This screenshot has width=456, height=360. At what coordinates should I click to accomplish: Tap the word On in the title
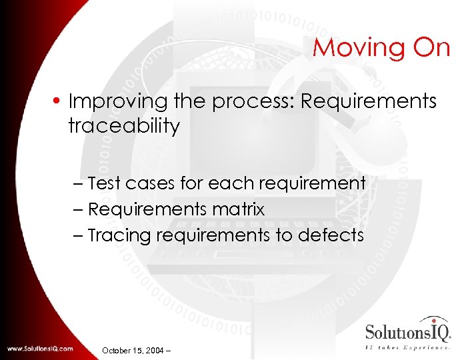pos(430,48)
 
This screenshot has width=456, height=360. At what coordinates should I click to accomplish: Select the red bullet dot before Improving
pos(60,102)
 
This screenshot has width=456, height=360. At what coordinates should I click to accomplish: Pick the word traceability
pos(124,126)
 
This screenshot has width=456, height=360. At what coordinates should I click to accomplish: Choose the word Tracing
pos(119,235)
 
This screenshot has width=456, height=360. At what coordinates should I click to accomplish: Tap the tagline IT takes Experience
pos(407,347)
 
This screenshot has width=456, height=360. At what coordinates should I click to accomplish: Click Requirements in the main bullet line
pos(369,102)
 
